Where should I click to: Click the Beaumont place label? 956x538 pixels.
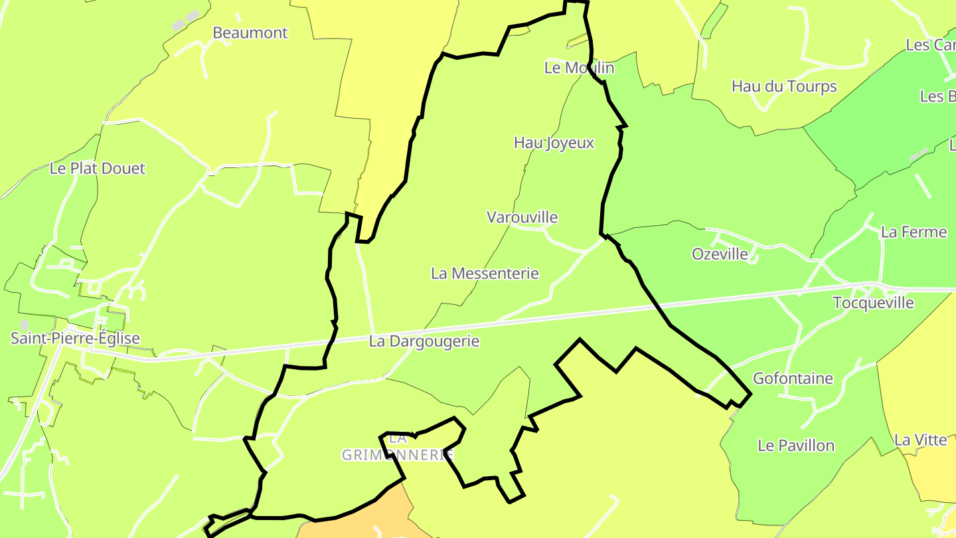pyautogui.click(x=250, y=33)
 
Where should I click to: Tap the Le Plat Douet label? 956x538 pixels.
pyautogui.click(x=97, y=169)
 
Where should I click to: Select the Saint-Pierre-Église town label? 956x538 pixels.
pyautogui.click(x=75, y=338)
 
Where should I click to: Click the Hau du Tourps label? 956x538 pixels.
pyautogui.click(x=784, y=86)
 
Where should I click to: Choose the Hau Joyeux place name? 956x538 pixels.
pyautogui.click(x=554, y=143)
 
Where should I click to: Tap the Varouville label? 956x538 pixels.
pyautogui.click(x=522, y=217)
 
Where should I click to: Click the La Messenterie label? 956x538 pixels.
pyautogui.click(x=485, y=273)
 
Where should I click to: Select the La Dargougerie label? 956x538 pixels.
pyautogui.click(x=424, y=342)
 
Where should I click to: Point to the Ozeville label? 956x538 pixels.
pyautogui.click(x=720, y=254)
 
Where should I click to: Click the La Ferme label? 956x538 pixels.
pyautogui.click(x=914, y=232)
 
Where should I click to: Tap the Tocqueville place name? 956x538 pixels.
pyautogui.click(x=873, y=303)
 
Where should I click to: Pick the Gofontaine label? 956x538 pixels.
pyautogui.click(x=793, y=379)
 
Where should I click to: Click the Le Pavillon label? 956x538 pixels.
pyautogui.click(x=796, y=446)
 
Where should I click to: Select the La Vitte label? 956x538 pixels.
pyautogui.click(x=920, y=440)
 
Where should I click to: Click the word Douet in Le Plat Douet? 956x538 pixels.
pyautogui.click(x=124, y=169)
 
